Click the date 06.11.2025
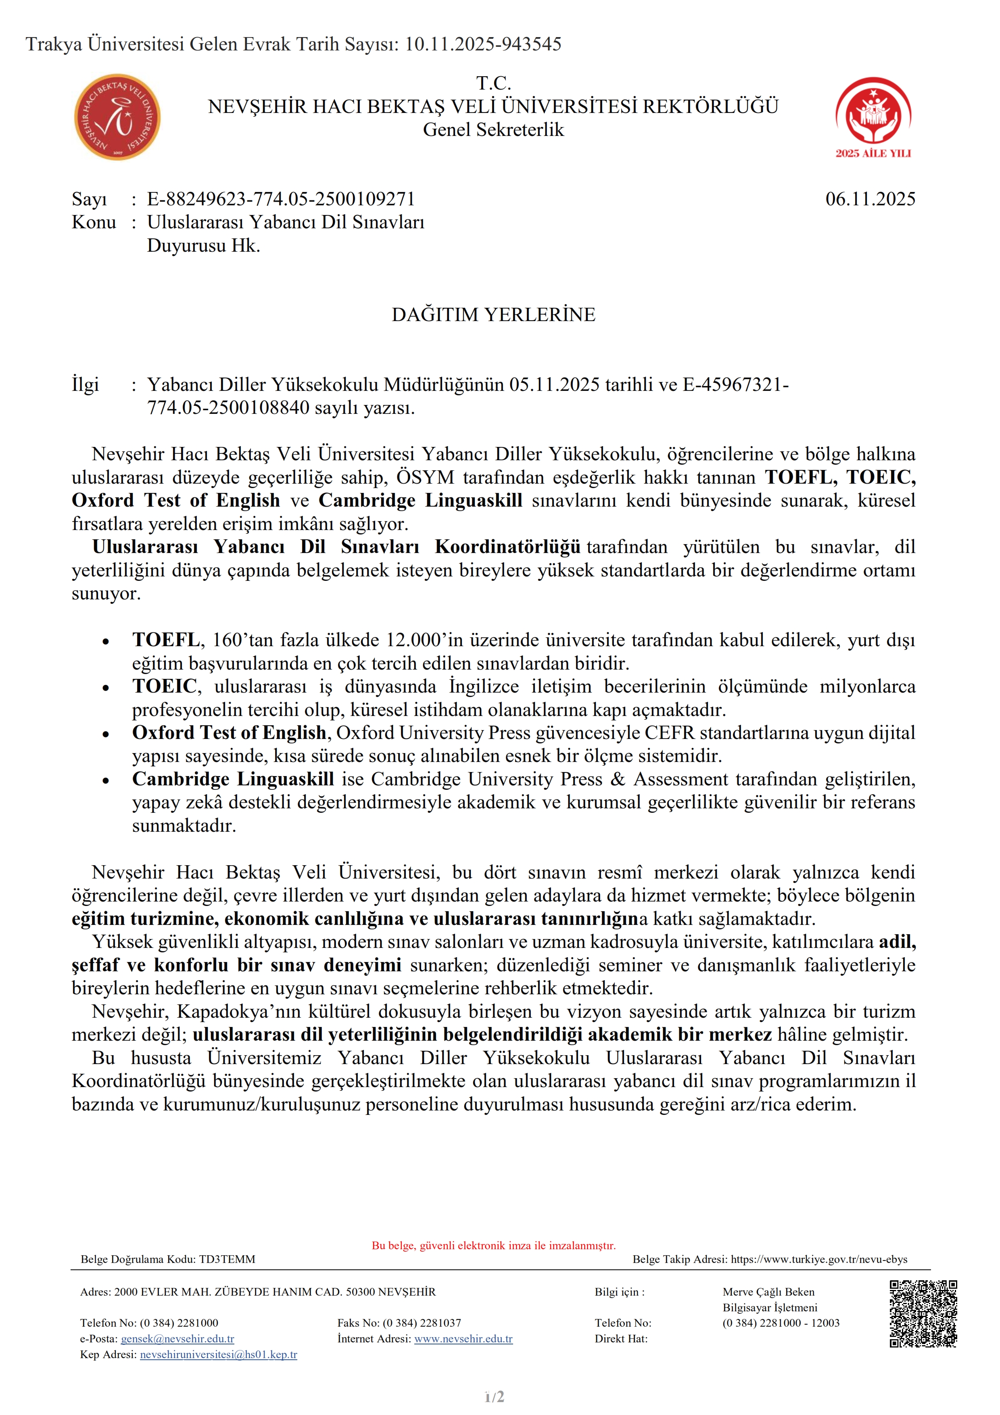(870, 199)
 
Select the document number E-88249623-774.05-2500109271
(280, 199)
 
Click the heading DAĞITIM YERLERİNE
(493, 315)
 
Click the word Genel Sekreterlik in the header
(493, 130)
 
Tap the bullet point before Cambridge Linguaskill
(106, 780)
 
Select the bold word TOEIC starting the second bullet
(165, 686)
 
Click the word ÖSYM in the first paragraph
(425, 478)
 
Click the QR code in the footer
(923, 1313)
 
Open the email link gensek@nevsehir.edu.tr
(177, 1339)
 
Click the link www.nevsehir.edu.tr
(463, 1339)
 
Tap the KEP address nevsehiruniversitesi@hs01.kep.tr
(219, 1354)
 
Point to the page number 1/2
(494, 1396)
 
